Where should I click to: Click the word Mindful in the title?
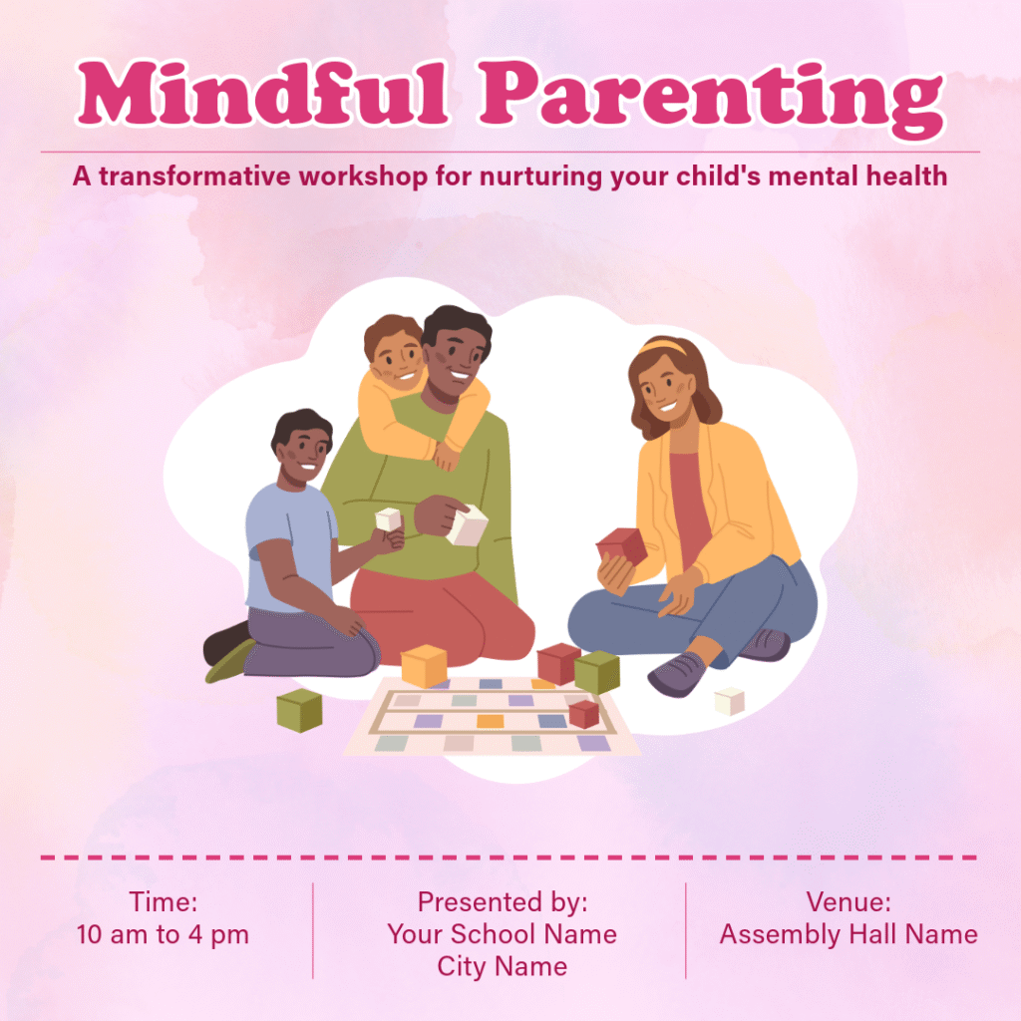pyautogui.click(x=263, y=93)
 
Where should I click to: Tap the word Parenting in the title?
pyautogui.click(x=711, y=99)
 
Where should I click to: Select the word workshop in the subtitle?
pyautogui.click(x=363, y=176)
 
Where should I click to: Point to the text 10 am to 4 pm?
pyautogui.click(x=163, y=934)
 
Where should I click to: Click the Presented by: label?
pyautogui.click(x=503, y=902)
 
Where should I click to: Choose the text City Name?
pyautogui.click(x=503, y=966)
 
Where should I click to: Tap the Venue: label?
pyautogui.click(x=849, y=901)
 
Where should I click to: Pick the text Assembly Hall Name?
pyautogui.click(x=849, y=934)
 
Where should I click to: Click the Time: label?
pyautogui.click(x=163, y=901)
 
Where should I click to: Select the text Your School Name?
pyautogui.click(x=503, y=934)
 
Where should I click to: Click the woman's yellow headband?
pyautogui.click(x=663, y=347)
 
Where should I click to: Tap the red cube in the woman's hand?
pyautogui.click(x=622, y=545)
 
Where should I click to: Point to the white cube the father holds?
pyautogui.click(x=468, y=524)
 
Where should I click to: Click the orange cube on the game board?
pyautogui.click(x=424, y=665)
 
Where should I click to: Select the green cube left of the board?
pyautogui.click(x=299, y=710)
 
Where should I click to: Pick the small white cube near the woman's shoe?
pyautogui.click(x=729, y=701)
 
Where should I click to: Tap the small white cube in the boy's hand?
pyautogui.click(x=388, y=519)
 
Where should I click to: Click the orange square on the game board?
pyautogui.click(x=491, y=721)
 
